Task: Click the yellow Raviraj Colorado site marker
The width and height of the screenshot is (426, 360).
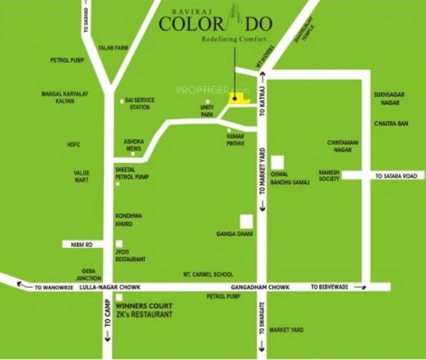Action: click(239, 99)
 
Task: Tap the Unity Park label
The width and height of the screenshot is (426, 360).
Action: click(207, 111)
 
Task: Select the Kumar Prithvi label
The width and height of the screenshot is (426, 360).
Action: click(235, 139)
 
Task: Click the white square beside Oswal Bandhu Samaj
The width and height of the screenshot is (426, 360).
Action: click(277, 162)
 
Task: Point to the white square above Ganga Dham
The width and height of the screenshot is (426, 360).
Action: click(246, 221)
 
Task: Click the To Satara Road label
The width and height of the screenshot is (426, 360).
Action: click(396, 176)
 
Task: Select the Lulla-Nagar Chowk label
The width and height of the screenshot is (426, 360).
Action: click(110, 286)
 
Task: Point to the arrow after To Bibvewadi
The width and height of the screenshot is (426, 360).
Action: click(360, 287)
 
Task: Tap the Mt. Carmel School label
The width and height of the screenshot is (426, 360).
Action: click(208, 274)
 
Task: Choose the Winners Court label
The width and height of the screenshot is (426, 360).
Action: click(144, 306)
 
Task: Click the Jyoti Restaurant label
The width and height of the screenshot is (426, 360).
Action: click(130, 255)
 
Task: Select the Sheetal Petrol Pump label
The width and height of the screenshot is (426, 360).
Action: click(132, 173)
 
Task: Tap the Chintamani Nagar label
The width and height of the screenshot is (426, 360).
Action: click(340, 146)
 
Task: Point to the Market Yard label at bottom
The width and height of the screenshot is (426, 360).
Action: click(286, 330)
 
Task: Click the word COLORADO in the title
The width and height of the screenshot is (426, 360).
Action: click(215, 23)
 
